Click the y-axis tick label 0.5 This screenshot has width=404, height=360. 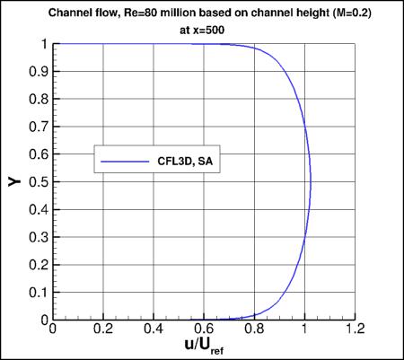pyautogui.click(x=40, y=182)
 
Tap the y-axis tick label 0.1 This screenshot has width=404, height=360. pyautogui.click(x=40, y=293)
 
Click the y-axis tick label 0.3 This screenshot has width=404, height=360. pyautogui.click(x=40, y=237)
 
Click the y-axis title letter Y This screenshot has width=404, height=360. pyautogui.click(x=15, y=182)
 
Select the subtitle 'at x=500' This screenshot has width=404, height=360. pyautogui.click(x=204, y=27)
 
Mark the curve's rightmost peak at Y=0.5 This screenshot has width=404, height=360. pyautogui.click(x=311, y=182)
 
